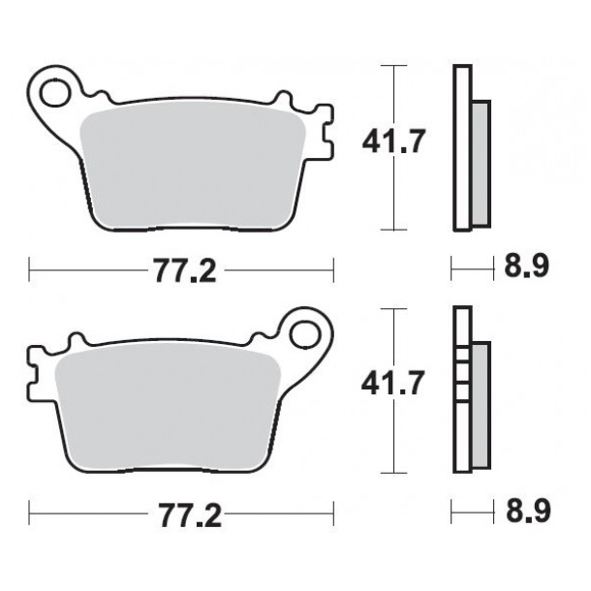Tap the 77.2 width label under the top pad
tap(183, 271)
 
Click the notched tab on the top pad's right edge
tap(325, 135)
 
